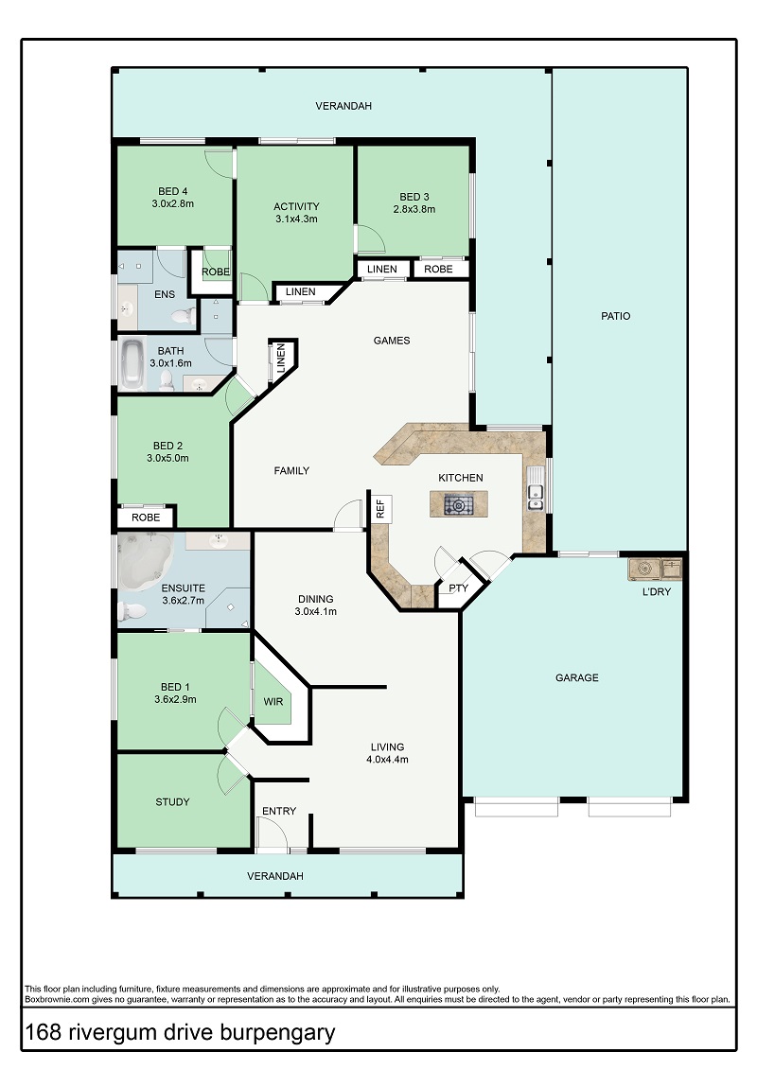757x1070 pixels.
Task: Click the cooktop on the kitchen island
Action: tap(458, 505)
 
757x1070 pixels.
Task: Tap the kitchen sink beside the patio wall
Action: tap(536, 489)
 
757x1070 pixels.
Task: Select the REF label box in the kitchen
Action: tap(380, 508)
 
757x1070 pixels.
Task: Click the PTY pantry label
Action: tap(459, 588)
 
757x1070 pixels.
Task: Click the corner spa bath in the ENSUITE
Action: tap(145, 559)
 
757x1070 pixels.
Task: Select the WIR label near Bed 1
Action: tap(273, 701)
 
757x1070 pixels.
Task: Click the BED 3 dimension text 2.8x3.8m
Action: tap(414, 209)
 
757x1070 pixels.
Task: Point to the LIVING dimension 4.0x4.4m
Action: tap(387, 760)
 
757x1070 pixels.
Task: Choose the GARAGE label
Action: tap(577, 677)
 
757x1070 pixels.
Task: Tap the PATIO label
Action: tap(616, 316)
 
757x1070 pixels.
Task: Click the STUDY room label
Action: tap(173, 802)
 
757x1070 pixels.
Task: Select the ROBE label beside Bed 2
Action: tap(146, 517)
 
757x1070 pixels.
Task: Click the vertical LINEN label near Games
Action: tap(280, 359)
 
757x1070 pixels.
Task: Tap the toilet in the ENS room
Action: tap(183, 317)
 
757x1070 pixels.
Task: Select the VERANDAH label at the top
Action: tap(343, 106)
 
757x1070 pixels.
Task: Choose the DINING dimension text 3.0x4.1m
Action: tap(315, 611)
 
